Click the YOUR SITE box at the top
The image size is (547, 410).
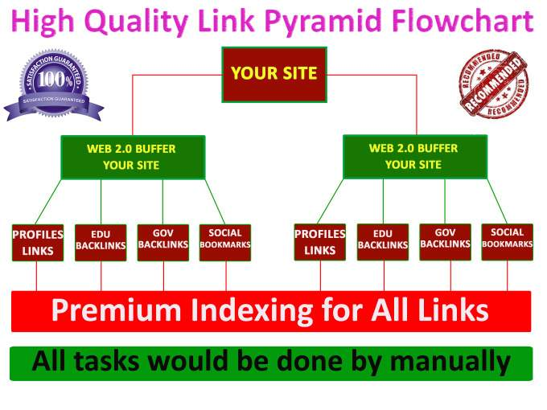pos(274,74)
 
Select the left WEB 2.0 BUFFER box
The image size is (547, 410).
pos(132,157)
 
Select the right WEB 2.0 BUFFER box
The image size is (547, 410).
pos(414,156)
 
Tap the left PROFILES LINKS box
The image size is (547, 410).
pos(37,242)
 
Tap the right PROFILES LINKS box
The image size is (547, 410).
pos(319,242)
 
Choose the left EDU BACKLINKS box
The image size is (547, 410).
pos(101,242)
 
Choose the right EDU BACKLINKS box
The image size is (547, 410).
pos(383,242)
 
